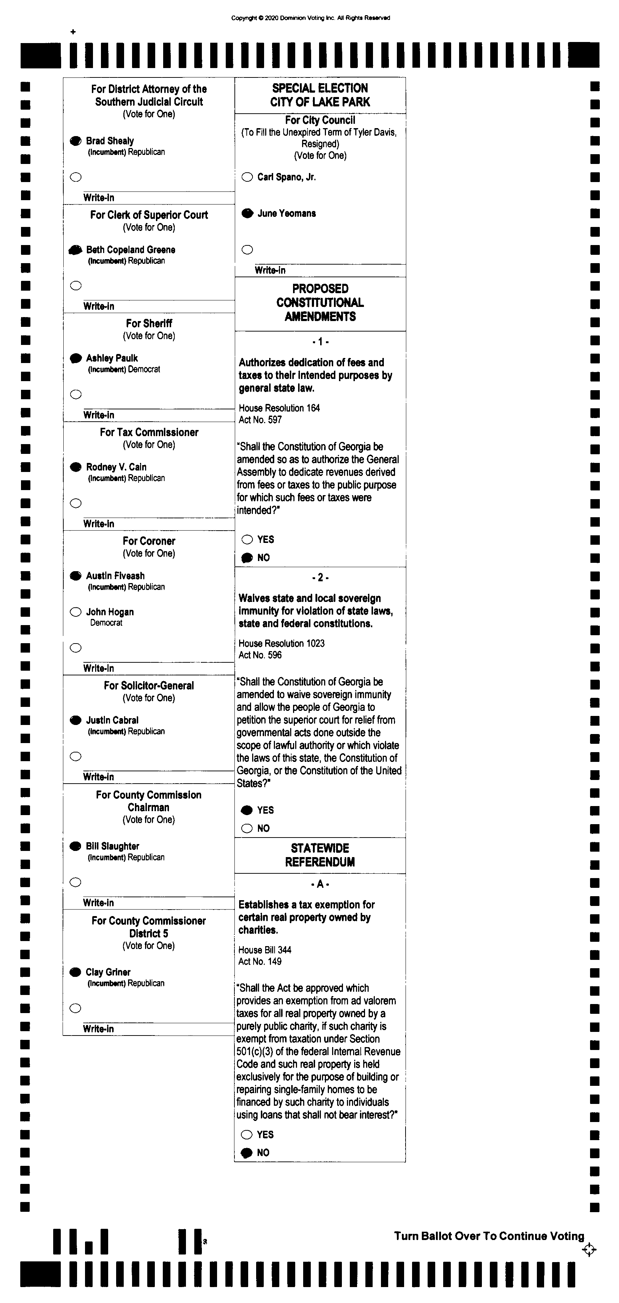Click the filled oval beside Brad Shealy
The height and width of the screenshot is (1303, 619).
pyautogui.click(x=75, y=141)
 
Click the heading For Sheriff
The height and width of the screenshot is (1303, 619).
pyautogui.click(x=149, y=323)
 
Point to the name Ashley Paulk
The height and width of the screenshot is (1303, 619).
pyautogui.click(x=112, y=358)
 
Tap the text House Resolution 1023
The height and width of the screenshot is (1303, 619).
pyautogui.click(x=281, y=644)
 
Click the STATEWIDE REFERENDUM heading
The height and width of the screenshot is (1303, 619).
pyautogui.click(x=319, y=855)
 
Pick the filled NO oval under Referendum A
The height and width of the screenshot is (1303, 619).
pyautogui.click(x=247, y=1153)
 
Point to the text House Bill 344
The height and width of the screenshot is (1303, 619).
pyautogui.click(x=264, y=950)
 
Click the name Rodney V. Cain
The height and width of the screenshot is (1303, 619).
pyautogui.click(x=116, y=467)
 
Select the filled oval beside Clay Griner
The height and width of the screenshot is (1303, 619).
pyautogui.click(x=75, y=972)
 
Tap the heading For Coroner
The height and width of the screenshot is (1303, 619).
pyautogui.click(x=149, y=541)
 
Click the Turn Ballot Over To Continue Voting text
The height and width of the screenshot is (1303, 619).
pyautogui.click(x=489, y=1236)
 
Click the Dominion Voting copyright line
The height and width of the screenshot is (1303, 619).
pyautogui.click(x=310, y=18)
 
